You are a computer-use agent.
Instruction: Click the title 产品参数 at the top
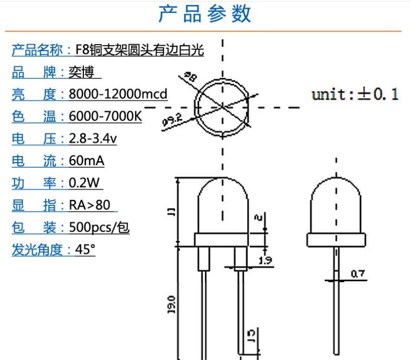(204, 14)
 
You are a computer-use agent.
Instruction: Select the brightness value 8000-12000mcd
(118, 94)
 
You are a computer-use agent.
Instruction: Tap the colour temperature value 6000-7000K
(105, 116)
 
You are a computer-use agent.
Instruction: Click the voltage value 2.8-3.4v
(92, 139)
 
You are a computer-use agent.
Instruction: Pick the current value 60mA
(86, 161)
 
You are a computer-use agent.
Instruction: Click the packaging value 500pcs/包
(99, 227)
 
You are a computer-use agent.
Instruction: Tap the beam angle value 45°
(84, 250)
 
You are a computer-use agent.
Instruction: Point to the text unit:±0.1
(355, 94)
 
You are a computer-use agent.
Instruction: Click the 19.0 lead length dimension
(171, 305)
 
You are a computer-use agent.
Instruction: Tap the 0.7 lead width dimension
(357, 274)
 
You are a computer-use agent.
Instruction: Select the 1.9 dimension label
(266, 260)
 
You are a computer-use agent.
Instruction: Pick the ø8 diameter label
(190, 76)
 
